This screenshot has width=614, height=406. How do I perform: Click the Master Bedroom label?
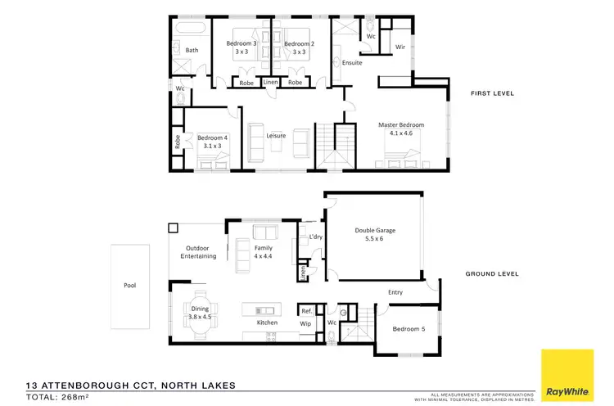(x=401, y=125)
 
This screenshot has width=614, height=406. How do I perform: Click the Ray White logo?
(x=568, y=374)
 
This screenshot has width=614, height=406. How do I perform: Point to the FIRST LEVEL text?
(x=492, y=94)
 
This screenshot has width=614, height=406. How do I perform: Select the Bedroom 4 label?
(x=212, y=138)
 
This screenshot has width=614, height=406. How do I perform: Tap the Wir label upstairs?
(x=401, y=47)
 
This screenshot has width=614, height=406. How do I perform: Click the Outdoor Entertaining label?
(x=198, y=251)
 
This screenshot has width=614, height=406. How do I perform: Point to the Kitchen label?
(x=267, y=323)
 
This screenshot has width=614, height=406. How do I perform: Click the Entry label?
(x=396, y=291)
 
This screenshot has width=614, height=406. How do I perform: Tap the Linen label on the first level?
(x=270, y=83)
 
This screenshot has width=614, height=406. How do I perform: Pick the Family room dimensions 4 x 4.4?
(x=263, y=256)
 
